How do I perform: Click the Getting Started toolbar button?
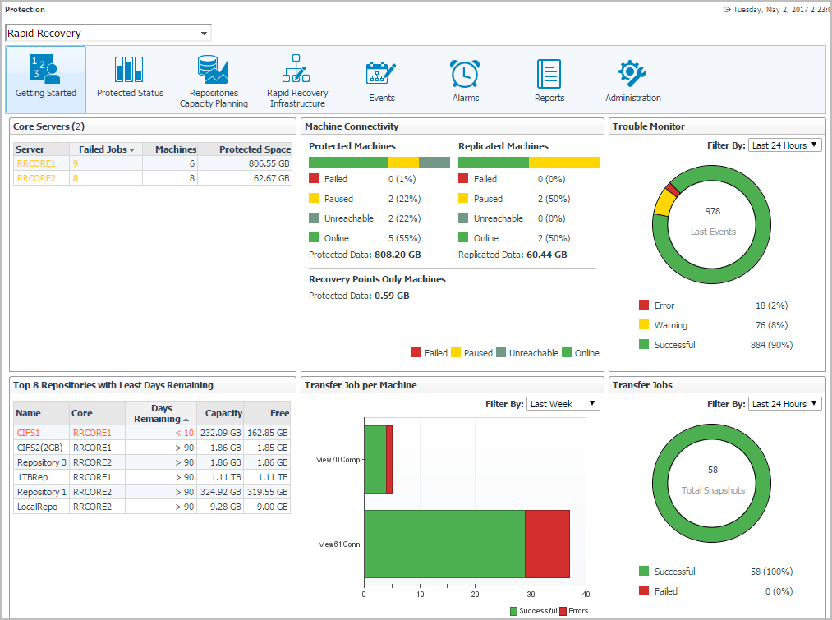(x=46, y=79)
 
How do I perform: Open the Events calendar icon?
(x=381, y=74)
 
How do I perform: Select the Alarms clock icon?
(x=465, y=74)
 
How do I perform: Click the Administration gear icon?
(x=632, y=74)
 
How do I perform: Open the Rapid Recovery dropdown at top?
(x=108, y=34)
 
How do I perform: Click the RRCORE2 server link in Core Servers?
(x=36, y=178)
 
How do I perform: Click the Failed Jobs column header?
(x=107, y=149)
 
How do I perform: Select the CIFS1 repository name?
(x=28, y=433)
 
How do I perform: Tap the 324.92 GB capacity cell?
(x=220, y=492)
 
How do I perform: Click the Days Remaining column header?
(x=161, y=413)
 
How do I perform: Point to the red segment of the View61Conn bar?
(x=547, y=544)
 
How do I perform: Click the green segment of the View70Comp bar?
(x=375, y=459)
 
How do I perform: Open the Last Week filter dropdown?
(x=563, y=404)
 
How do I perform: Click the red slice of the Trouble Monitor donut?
(x=673, y=190)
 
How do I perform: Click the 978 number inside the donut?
(x=712, y=211)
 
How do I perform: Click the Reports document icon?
(x=549, y=74)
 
